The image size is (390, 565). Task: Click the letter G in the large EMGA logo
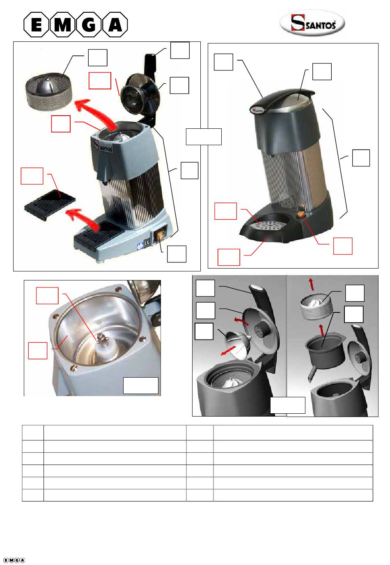pos(88,25)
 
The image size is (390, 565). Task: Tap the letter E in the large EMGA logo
pos(36,25)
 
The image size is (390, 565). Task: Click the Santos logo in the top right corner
pos(312,23)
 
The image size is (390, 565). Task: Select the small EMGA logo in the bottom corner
pos(14,560)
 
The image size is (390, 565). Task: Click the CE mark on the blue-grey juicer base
pos(147,242)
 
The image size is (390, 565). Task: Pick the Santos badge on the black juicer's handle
pos(257,109)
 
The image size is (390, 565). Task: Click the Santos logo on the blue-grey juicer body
pos(103,145)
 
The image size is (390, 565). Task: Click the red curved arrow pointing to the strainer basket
pos(95,114)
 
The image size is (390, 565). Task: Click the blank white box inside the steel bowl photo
pos(141,385)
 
